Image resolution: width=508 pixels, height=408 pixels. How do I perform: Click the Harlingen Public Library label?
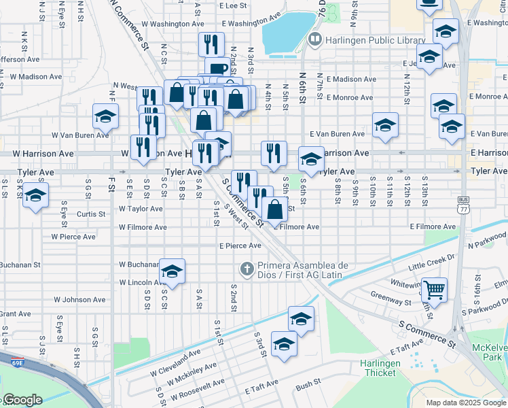click(x=375, y=40)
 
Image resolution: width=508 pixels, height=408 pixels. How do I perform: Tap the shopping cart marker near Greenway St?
click(x=434, y=290)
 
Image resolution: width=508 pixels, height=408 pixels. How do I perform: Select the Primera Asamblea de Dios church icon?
click(x=246, y=270)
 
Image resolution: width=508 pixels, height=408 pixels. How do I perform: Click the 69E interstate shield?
click(x=15, y=360)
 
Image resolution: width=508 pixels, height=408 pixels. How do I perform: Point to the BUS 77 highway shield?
click(x=464, y=204)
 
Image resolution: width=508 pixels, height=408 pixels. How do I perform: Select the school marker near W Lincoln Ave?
click(x=173, y=272)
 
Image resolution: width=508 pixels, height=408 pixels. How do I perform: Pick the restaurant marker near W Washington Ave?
click(x=211, y=45)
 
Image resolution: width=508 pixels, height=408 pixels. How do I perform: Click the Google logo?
click(x=22, y=400)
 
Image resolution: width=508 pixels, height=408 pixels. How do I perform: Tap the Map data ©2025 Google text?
click(x=465, y=403)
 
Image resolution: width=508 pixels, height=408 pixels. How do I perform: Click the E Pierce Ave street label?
click(x=240, y=245)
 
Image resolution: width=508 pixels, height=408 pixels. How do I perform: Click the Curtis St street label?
click(x=91, y=214)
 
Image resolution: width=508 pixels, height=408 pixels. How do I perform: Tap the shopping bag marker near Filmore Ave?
click(x=274, y=209)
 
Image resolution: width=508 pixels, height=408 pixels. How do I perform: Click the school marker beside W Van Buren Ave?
click(x=106, y=117)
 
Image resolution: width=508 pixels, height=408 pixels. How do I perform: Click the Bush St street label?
click(x=308, y=384)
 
